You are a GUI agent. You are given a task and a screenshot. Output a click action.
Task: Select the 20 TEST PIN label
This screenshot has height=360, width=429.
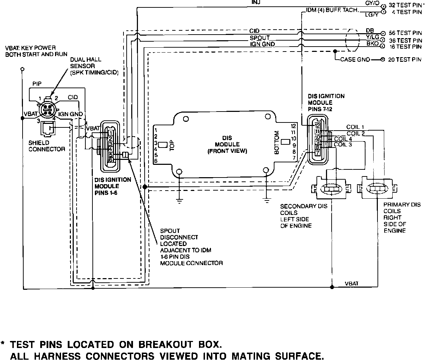click(405, 60)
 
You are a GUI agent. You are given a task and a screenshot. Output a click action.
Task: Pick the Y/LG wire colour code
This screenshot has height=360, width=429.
click(372, 37)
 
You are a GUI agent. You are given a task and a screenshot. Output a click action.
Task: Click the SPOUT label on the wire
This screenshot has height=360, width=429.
click(260, 38)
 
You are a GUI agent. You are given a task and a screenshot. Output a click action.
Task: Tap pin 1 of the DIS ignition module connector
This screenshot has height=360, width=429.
click(110, 133)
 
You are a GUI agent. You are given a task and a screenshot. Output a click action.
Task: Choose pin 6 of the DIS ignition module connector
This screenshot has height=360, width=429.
click(110, 160)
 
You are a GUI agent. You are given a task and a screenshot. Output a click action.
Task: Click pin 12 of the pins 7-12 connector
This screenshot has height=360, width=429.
click(318, 125)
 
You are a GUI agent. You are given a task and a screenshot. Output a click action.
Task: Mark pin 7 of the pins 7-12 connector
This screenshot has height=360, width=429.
click(318, 153)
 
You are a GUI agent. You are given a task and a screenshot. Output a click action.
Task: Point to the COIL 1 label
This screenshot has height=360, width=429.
click(355, 127)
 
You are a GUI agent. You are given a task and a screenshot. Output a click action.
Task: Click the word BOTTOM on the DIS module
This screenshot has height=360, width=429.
click(277, 143)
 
